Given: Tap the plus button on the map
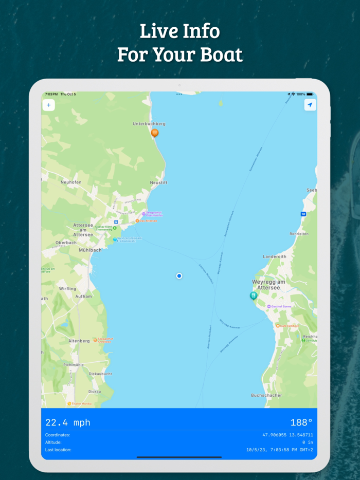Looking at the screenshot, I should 49,105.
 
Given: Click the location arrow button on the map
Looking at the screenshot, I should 310,105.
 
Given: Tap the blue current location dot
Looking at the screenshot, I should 179,276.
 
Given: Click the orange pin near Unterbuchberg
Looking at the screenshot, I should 155,133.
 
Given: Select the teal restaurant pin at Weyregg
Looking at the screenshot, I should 254,296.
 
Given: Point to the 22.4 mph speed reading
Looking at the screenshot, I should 68,422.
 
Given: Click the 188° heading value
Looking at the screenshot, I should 302,422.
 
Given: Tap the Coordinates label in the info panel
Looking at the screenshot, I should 58,435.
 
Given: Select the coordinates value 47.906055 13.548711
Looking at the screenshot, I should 287,435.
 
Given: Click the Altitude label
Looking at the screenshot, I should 53,442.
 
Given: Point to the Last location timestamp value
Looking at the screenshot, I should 280,450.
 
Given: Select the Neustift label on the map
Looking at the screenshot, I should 159,182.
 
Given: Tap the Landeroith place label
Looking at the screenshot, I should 275,256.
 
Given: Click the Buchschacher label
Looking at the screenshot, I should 266,395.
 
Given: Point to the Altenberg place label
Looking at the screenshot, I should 79,341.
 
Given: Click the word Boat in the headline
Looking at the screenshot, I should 218,54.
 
